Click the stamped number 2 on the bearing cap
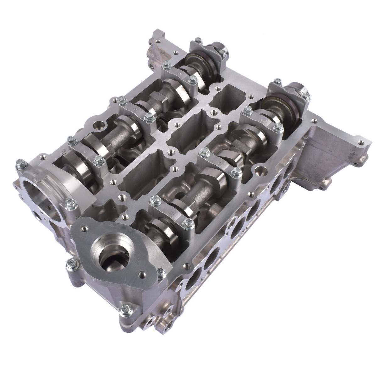click(180, 74)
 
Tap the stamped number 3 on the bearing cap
click(135, 111)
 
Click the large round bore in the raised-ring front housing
click(35, 194)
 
